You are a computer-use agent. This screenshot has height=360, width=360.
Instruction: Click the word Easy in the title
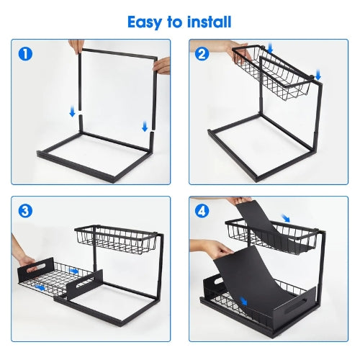[146, 22]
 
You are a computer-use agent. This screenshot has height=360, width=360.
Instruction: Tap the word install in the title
[209, 22]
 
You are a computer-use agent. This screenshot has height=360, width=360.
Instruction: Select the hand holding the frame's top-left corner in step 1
[76, 46]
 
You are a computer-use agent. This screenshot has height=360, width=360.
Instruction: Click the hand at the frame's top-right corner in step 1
[162, 66]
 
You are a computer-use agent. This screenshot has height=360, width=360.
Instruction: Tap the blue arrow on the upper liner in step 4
[287, 218]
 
